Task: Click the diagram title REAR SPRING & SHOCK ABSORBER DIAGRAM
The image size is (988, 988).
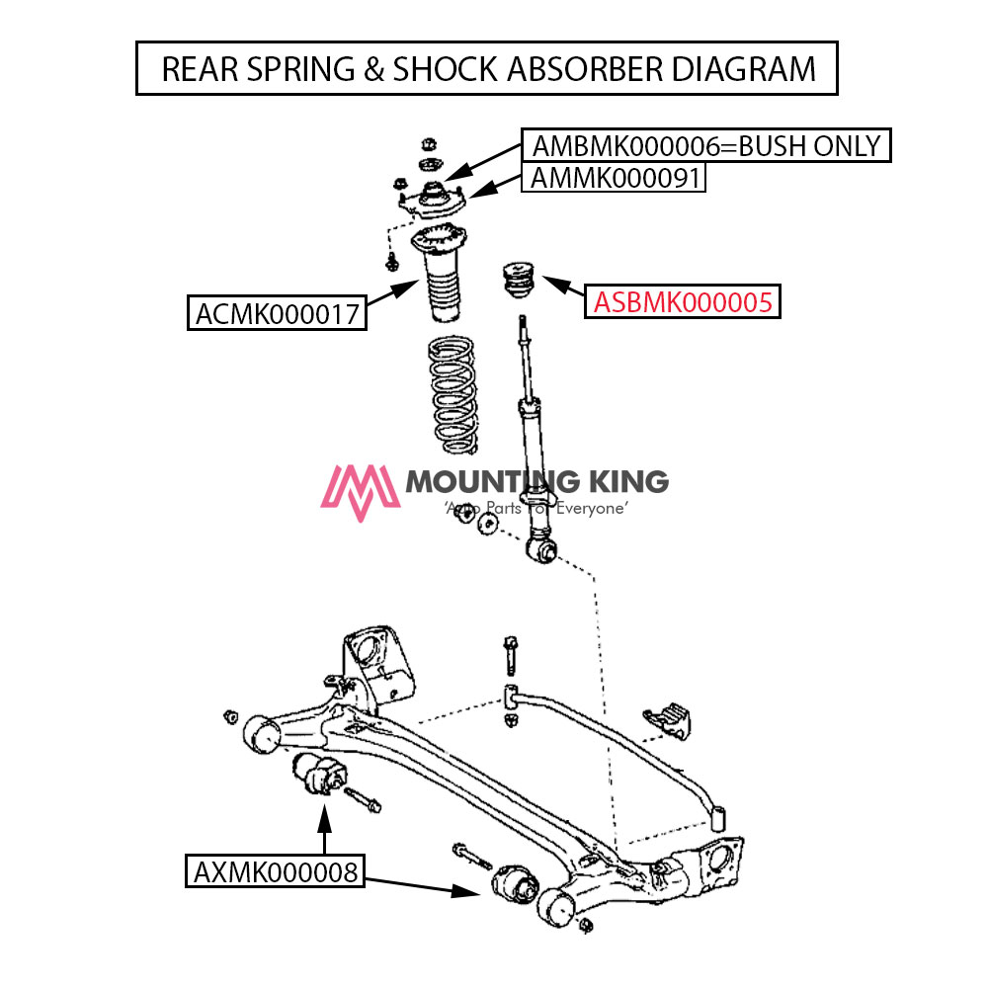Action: [487, 68]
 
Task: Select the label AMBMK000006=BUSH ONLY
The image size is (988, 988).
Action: [705, 146]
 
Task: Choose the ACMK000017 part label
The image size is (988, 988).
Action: [278, 313]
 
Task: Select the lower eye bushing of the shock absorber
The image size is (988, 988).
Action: [541, 547]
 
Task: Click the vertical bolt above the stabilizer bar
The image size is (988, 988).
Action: [509, 652]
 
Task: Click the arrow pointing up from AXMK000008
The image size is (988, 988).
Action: [323, 830]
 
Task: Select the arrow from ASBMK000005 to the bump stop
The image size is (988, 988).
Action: [562, 288]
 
